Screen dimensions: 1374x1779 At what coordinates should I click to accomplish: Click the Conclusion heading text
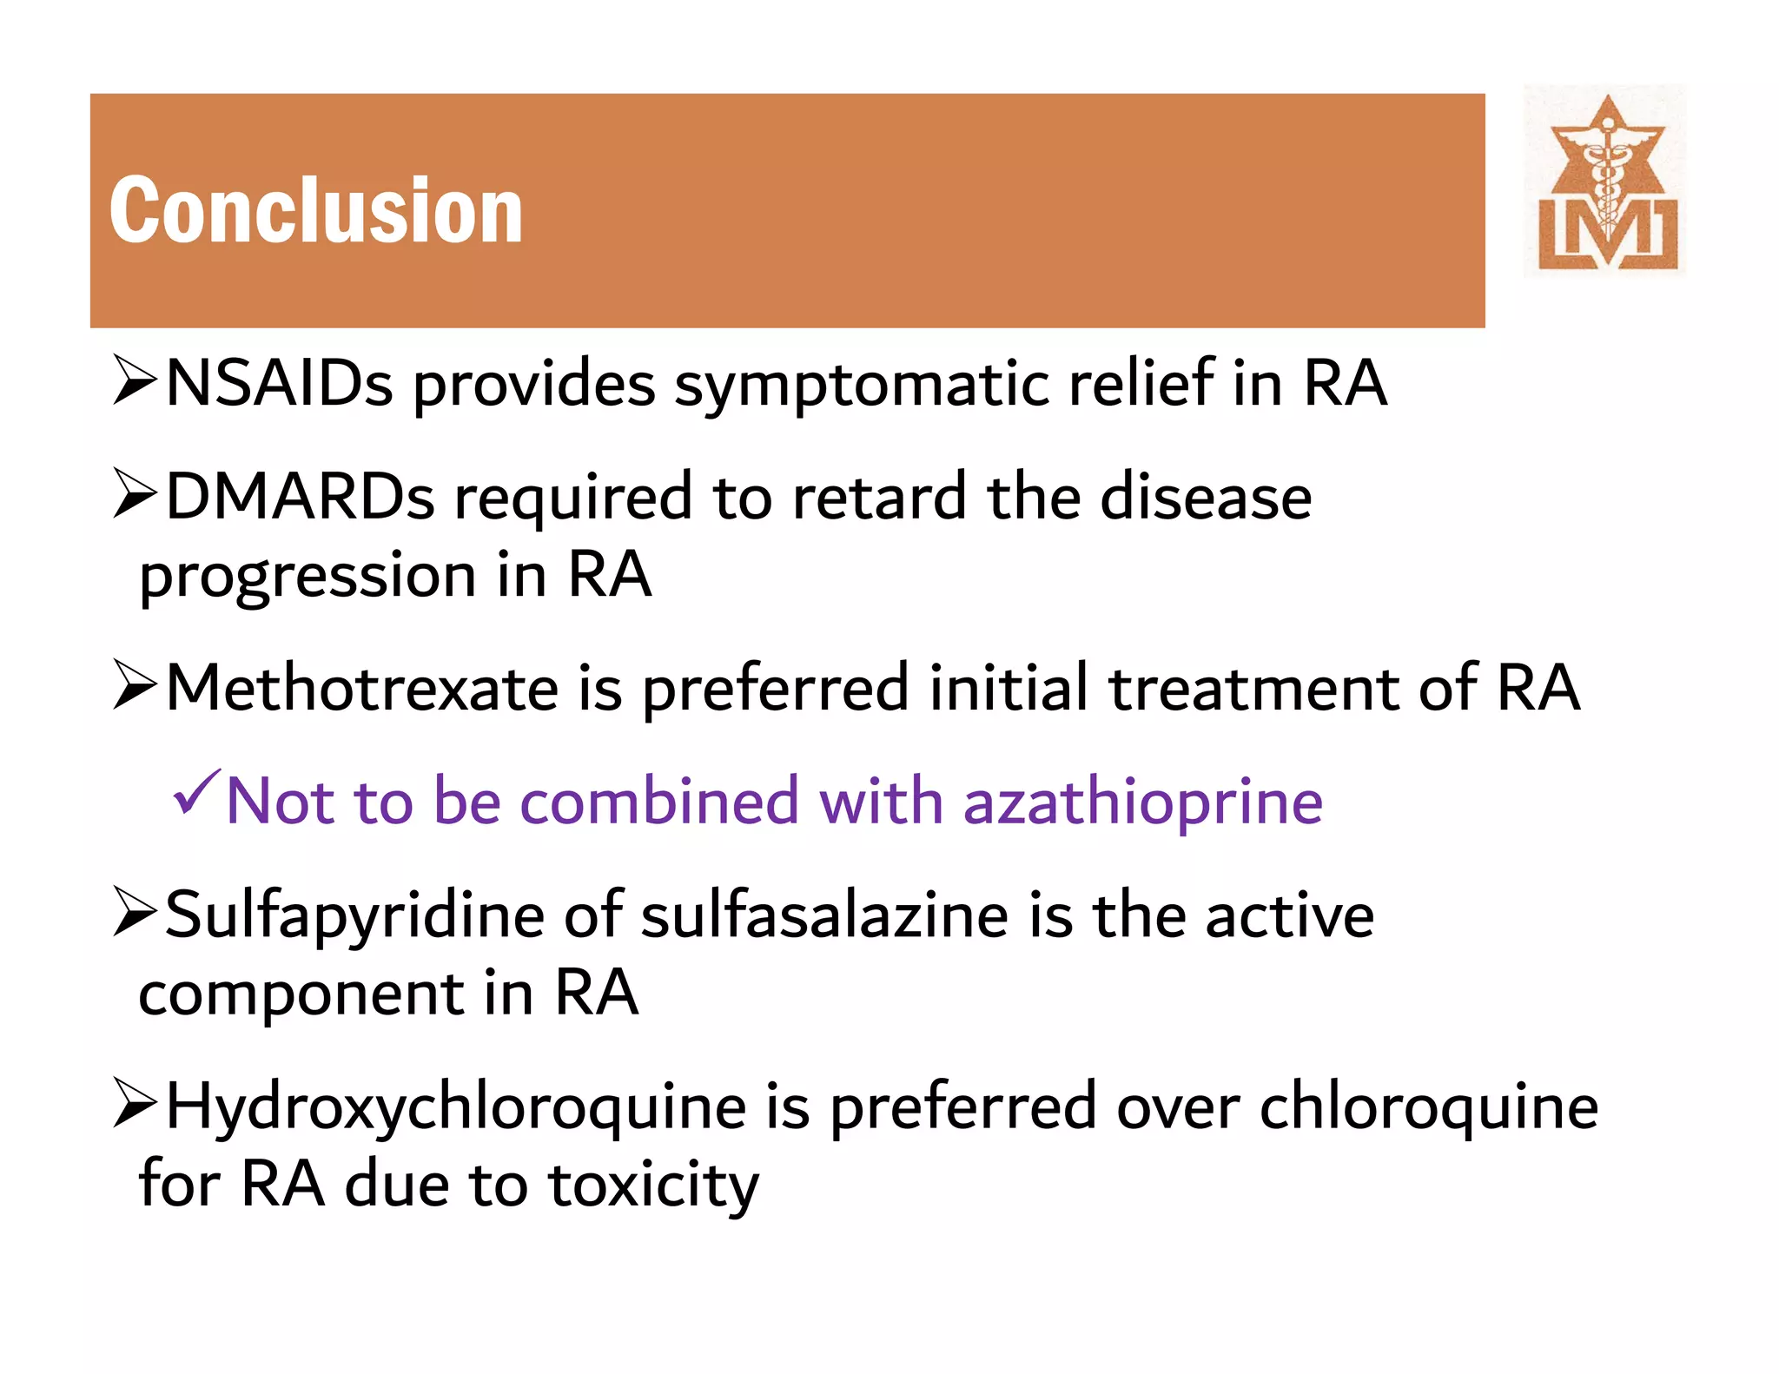click(316, 210)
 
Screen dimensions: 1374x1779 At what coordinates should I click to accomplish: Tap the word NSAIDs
click(279, 384)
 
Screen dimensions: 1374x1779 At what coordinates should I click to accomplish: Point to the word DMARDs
click(300, 497)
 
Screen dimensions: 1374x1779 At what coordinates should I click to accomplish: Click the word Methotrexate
click(361, 688)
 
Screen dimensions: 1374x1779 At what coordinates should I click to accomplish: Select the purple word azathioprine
click(1143, 801)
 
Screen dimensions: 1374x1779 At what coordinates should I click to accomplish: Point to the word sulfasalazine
click(824, 915)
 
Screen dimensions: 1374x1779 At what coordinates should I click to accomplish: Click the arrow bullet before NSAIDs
click(135, 382)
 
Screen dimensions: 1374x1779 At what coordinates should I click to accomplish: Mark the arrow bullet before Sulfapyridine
click(135, 914)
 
